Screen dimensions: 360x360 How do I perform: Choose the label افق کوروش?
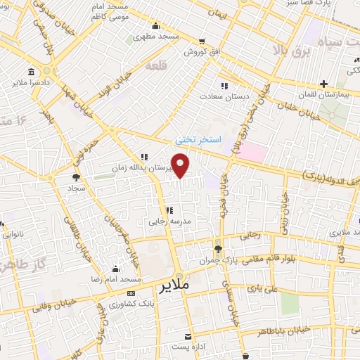[x=202, y=52]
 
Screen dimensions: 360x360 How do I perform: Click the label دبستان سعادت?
[x=220, y=96]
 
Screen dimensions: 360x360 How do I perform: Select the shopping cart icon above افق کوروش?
[x=202, y=41]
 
